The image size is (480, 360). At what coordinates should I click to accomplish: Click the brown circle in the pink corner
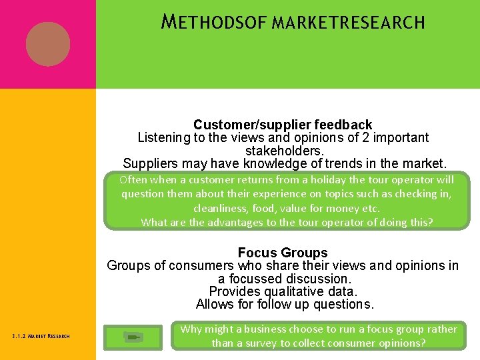pos(48,44)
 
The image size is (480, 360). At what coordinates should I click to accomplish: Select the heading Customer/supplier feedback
pos(283,125)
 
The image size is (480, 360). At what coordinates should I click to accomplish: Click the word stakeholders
pos(283,151)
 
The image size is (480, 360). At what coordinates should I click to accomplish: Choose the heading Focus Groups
pos(283,253)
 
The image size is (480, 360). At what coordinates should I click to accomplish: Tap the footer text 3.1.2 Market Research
pos(41,336)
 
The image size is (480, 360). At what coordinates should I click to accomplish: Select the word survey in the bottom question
pos(261,343)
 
